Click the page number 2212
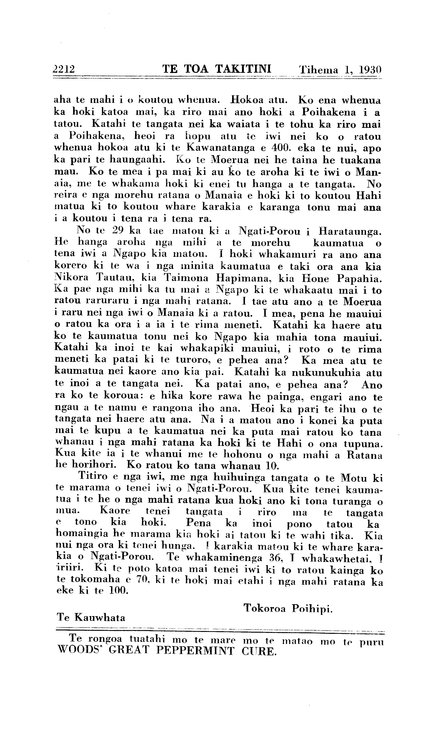64,69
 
